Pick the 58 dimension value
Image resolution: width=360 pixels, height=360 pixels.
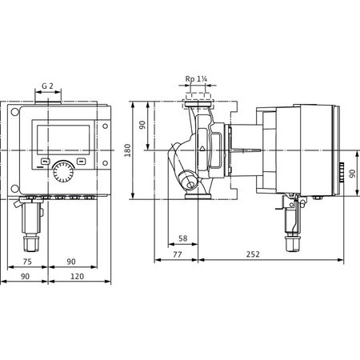(182, 238)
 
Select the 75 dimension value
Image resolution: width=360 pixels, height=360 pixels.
(27, 261)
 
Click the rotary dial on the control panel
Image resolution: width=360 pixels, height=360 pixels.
(62, 170)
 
